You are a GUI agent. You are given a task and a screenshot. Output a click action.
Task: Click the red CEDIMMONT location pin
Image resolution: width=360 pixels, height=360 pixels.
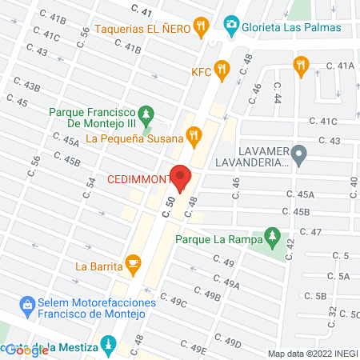coord(182,178)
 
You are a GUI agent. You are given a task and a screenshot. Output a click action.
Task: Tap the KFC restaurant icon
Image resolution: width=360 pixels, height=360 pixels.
coord(226,70)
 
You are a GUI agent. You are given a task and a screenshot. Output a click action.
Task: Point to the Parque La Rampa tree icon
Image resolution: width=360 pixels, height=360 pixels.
coord(273,238)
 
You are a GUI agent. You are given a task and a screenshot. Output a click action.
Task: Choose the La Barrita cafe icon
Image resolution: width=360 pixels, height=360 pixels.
coord(133,264)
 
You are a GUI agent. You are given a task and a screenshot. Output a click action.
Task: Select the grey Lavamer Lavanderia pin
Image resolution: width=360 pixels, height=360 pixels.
coord(298,154)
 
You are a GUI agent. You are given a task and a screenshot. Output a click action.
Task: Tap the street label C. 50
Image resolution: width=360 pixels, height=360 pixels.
coord(169,210)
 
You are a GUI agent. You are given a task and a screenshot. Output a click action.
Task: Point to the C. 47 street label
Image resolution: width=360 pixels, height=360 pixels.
coord(310,231)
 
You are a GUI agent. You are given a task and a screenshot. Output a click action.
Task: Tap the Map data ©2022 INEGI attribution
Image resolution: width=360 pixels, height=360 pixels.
coord(313,353)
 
